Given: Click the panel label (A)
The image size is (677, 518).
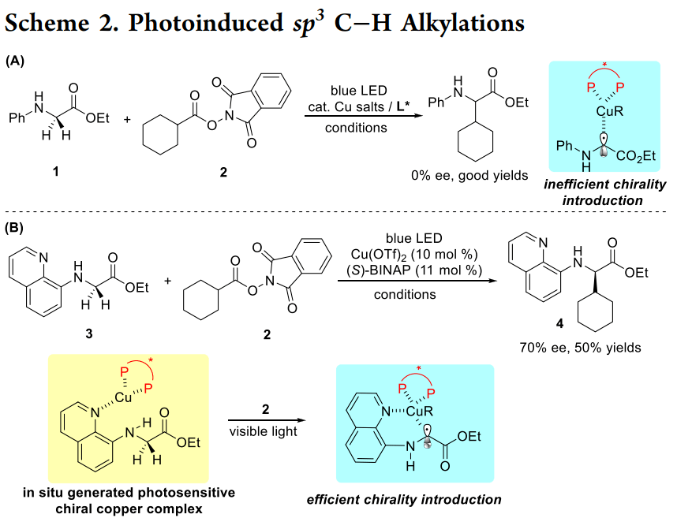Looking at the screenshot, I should tap(14, 61).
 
